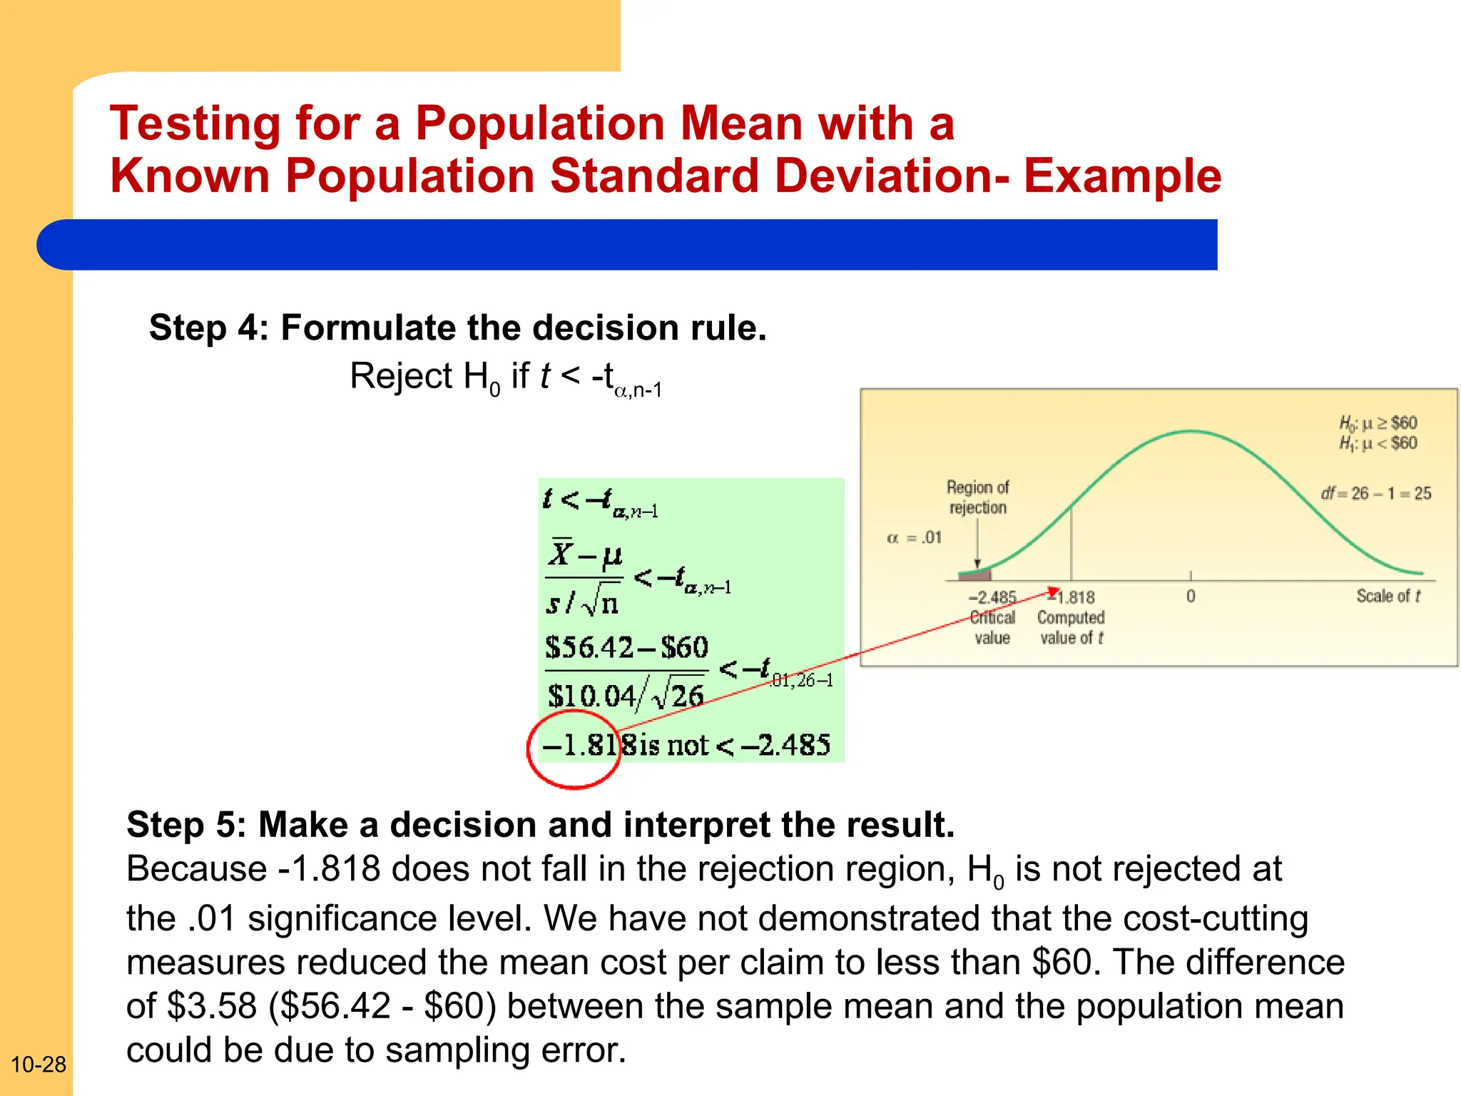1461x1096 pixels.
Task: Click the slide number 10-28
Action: click(x=39, y=1065)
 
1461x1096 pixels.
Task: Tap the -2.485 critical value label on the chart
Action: click(x=992, y=597)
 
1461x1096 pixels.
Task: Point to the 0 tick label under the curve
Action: click(x=1191, y=597)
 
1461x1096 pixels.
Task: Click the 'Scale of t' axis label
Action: click(x=1388, y=596)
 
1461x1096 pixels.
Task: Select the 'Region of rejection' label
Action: click(x=977, y=497)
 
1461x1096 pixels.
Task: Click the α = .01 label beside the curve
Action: click(x=914, y=537)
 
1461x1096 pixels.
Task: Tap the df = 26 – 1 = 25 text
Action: click(x=1375, y=493)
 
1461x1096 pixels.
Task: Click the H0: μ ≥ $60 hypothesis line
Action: click(x=1378, y=423)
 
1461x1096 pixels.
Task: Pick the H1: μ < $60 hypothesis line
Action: click(x=1378, y=443)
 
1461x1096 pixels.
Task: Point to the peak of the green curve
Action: click(x=1191, y=431)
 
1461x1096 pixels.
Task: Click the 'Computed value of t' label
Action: click(x=1071, y=627)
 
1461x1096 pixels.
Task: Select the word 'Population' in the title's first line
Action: click(x=541, y=123)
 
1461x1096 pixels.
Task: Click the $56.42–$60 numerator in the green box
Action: click(x=626, y=647)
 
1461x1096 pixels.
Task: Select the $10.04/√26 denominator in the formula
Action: click(x=625, y=695)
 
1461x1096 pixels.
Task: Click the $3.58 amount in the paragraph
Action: click(x=211, y=1006)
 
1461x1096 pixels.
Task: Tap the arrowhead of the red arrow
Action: click(x=1054, y=591)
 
